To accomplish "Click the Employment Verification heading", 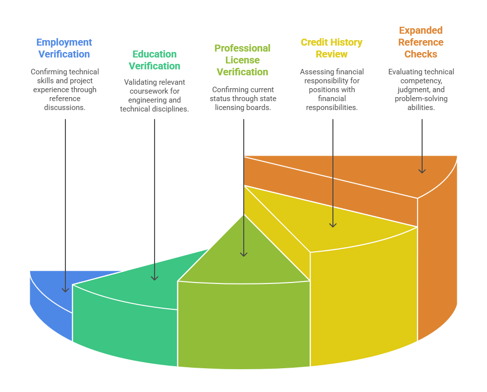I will pyautogui.click(x=64, y=48).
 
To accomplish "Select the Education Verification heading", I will pyautogui.click(x=155, y=60).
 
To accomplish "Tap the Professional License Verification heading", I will pyautogui.click(x=242, y=60).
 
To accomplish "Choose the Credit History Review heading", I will pyautogui.click(x=331, y=48).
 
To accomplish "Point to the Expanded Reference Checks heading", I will pyautogui.click(x=421, y=42).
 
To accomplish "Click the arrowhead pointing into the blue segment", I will pyautogui.click(x=65, y=289).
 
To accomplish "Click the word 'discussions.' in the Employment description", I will pyautogui.click(x=65, y=108).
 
